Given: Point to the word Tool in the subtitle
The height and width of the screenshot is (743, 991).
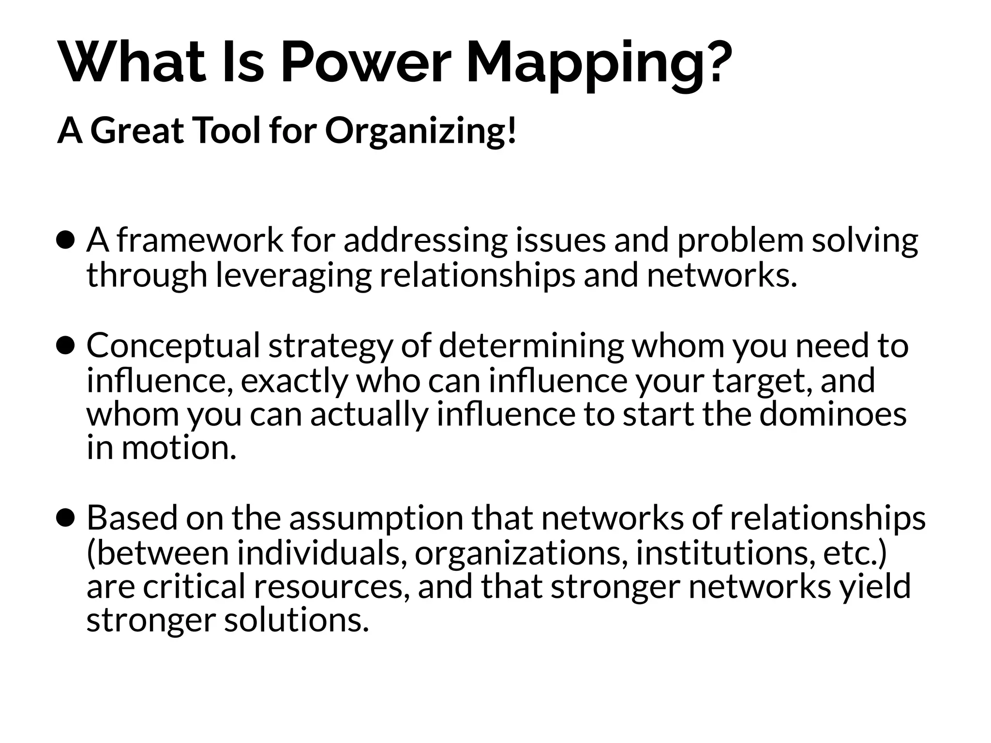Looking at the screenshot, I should [x=227, y=131].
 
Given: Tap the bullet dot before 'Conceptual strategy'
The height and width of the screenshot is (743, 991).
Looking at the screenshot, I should [x=65, y=345].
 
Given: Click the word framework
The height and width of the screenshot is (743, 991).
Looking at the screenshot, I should [x=199, y=240].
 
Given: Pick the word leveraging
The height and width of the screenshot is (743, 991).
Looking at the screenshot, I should [x=293, y=276].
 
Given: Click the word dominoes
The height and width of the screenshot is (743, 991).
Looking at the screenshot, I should [x=832, y=414].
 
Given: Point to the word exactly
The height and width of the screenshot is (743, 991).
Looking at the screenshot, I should [x=294, y=381].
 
